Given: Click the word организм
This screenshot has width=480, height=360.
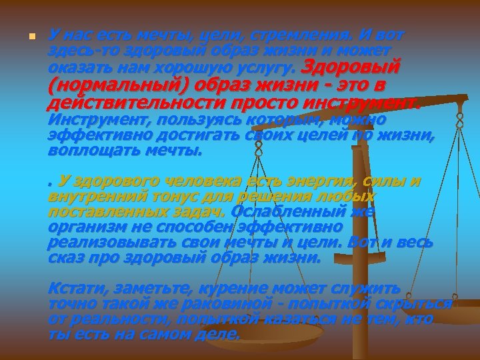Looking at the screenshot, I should click(83, 227).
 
